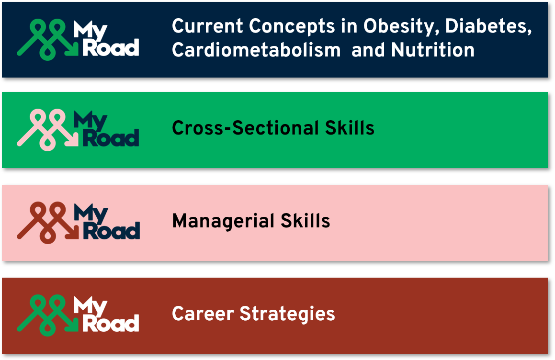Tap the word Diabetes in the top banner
pyautogui.click(x=488, y=26)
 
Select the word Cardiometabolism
pyautogui.click(x=256, y=50)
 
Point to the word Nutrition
pyautogui.click(x=433, y=50)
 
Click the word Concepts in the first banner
pyautogui.click(x=292, y=27)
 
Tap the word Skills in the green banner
pyautogui.click(x=350, y=128)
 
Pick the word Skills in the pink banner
pyautogui.click(x=305, y=221)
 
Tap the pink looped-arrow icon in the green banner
pyautogui.click(x=47, y=130)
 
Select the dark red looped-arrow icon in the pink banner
pyautogui.click(x=47, y=222)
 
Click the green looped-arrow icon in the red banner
pyautogui.click(x=47, y=315)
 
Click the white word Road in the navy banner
pyautogui.click(x=111, y=48)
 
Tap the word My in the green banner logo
pyautogui.click(x=90, y=121)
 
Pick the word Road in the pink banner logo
pyautogui.click(x=111, y=231)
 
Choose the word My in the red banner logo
pyautogui.click(x=90, y=306)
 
